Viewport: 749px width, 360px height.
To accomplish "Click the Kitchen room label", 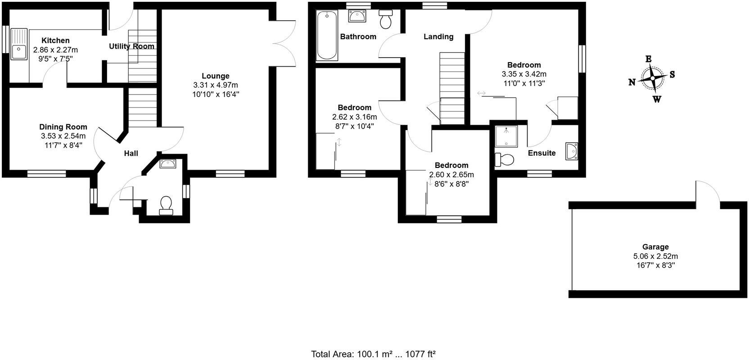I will (x=55, y=40).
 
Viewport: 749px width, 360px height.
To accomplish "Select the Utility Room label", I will (x=131, y=46).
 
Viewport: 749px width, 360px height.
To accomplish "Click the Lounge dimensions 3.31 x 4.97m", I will (x=216, y=85).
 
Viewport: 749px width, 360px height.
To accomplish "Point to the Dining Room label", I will (x=63, y=127).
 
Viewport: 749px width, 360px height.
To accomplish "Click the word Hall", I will (x=131, y=154).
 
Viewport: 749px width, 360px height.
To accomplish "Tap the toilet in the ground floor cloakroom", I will (x=166, y=205).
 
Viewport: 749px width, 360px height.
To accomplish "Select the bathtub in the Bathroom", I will (x=327, y=36).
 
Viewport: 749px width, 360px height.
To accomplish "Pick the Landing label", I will (x=438, y=36).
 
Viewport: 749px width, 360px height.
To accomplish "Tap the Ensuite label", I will (x=541, y=153).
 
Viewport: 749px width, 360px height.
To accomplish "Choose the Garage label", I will (x=655, y=247).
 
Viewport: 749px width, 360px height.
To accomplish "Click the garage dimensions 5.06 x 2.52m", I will (x=655, y=256).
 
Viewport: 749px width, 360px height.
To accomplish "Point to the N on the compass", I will (x=632, y=82).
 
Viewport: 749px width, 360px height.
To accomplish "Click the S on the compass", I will (x=672, y=75).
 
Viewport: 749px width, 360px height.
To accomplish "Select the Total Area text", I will (x=373, y=354).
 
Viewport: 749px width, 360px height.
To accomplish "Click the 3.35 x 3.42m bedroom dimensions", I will (x=524, y=74).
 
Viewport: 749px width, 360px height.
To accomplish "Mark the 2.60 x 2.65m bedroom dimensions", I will (x=451, y=175).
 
